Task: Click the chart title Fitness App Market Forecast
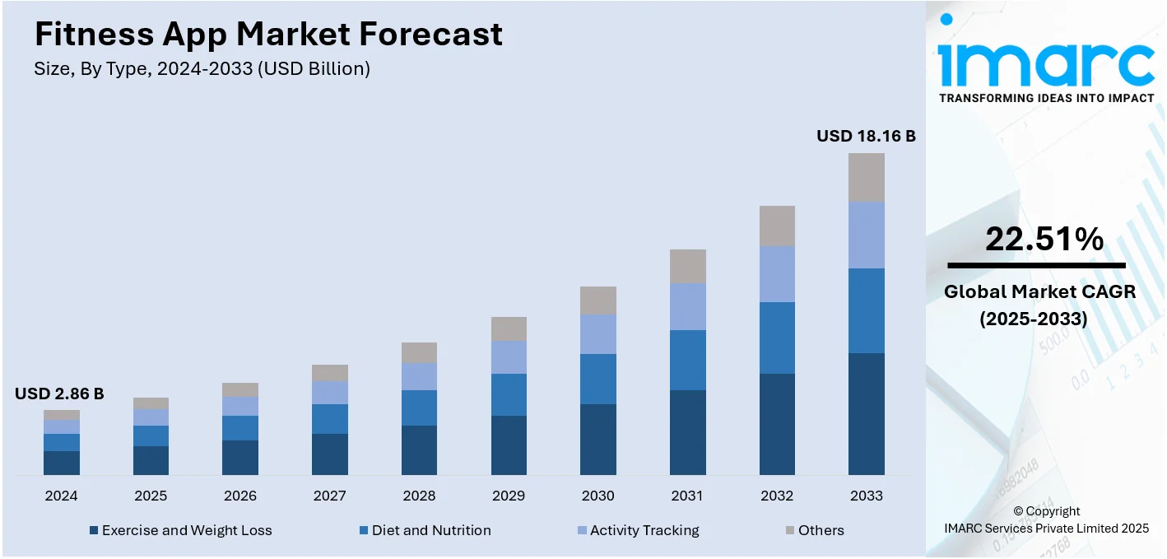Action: coord(268,35)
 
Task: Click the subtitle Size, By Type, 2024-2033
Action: coord(202,69)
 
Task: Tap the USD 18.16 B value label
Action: coord(866,136)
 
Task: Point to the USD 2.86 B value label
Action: coord(59,394)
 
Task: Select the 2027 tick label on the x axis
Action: coord(329,496)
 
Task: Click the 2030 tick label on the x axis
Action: coord(597,496)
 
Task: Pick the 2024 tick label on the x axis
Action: coord(61,496)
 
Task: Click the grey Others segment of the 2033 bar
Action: coord(866,177)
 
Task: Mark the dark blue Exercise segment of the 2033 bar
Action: coord(866,414)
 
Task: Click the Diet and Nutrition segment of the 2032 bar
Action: coord(777,338)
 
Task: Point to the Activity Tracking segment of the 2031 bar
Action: coord(687,306)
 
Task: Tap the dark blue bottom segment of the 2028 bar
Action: coord(419,450)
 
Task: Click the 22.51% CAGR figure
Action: coord(1044,240)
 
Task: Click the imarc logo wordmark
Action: coord(1045,59)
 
